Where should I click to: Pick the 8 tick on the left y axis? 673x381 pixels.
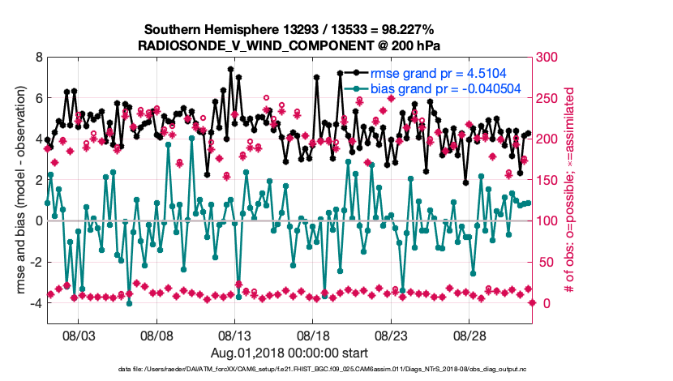(38, 58)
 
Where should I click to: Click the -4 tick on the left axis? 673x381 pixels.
(36, 303)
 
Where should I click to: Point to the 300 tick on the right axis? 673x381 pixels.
(550, 58)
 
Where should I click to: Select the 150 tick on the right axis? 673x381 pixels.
(550, 180)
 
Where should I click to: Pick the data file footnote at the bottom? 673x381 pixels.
(336, 370)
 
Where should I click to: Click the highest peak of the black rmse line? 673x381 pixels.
(231, 70)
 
